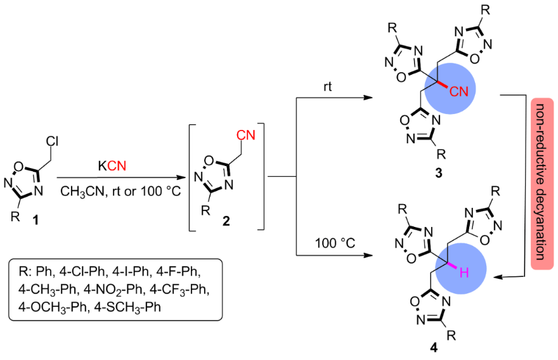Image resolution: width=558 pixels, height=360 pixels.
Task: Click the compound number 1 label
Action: pyautogui.click(x=36, y=219)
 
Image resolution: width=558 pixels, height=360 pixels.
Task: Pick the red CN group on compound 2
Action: pyautogui.click(x=245, y=134)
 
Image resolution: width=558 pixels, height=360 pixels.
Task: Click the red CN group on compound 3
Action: pyautogui.click(x=458, y=91)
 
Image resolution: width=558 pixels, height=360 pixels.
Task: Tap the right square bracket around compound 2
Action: pyautogui.click(x=260, y=177)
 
